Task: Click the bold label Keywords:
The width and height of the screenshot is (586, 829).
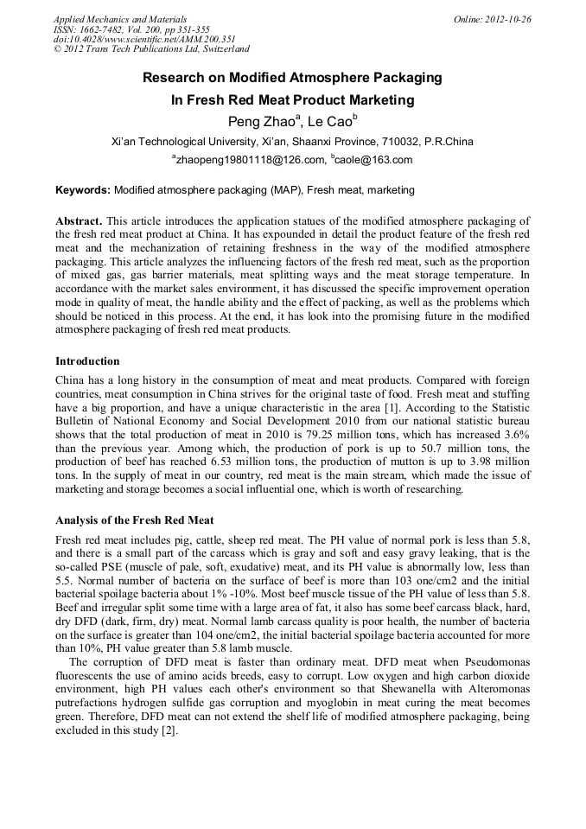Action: click(x=83, y=189)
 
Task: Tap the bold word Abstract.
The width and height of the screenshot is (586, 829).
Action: click(x=80, y=221)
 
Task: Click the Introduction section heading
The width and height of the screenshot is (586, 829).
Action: click(x=87, y=360)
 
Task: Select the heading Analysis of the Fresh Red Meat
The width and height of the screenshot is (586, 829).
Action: click(x=134, y=520)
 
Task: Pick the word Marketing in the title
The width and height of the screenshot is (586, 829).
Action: click(x=378, y=99)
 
